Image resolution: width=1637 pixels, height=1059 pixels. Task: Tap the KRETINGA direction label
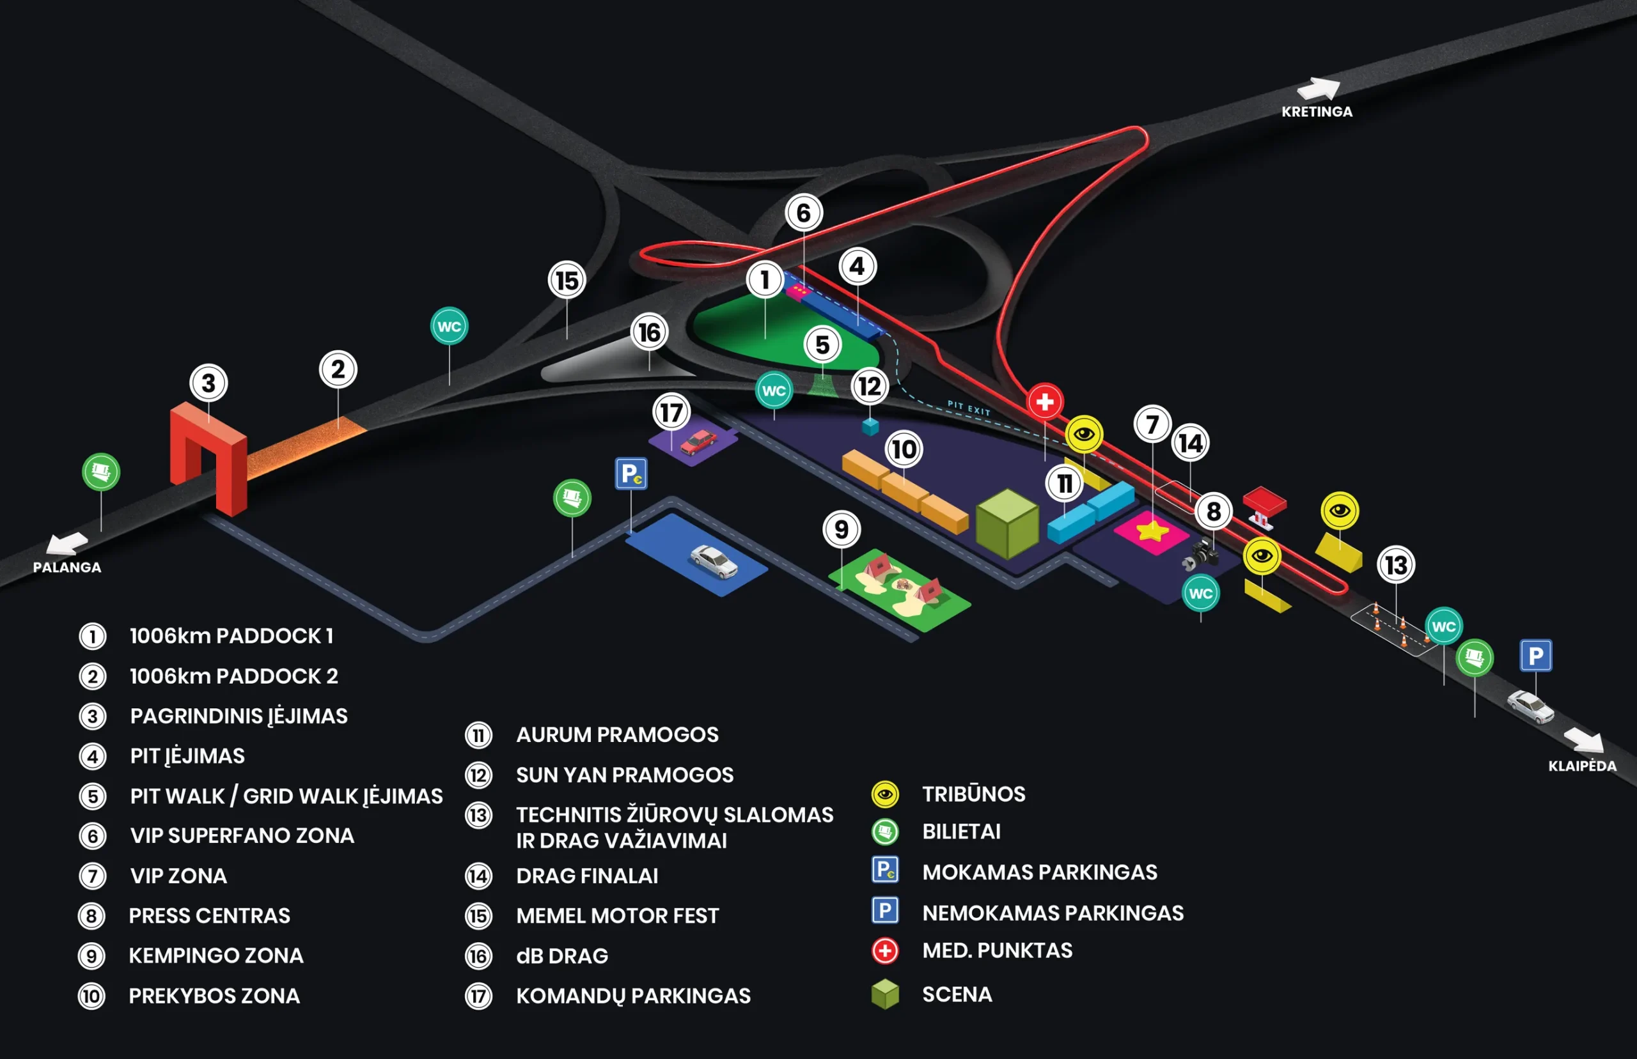[1317, 111]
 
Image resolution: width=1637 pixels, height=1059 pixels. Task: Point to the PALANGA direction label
[67, 568]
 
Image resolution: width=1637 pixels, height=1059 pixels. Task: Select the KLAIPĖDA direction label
[1582, 766]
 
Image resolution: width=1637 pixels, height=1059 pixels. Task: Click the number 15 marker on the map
[567, 281]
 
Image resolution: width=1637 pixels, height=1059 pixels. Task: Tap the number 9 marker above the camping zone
[841, 529]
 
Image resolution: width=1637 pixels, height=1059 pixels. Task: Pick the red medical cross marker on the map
[1045, 401]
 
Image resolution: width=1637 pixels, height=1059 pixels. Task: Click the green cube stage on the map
[1007, 523]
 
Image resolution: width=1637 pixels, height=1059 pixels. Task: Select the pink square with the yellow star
[1152, 532]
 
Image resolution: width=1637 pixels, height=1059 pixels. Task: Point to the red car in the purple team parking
[698, 442]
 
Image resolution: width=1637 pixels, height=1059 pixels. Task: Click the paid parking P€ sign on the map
[631, 474]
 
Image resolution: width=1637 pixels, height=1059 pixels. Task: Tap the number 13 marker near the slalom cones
[1395, 565]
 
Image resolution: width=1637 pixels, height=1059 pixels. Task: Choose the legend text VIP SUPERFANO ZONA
[242, 835]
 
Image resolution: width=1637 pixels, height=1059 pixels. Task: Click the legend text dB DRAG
[562, 956]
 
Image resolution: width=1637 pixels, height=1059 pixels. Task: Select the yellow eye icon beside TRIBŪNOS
[885, 794]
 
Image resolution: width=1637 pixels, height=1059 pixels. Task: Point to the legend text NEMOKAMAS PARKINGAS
[1053, 913]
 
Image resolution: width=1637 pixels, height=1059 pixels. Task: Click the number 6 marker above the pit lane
[803, 213]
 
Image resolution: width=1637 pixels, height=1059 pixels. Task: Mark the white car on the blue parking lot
[714, 561]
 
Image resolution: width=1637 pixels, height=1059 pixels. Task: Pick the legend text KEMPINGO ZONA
[216, 956]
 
